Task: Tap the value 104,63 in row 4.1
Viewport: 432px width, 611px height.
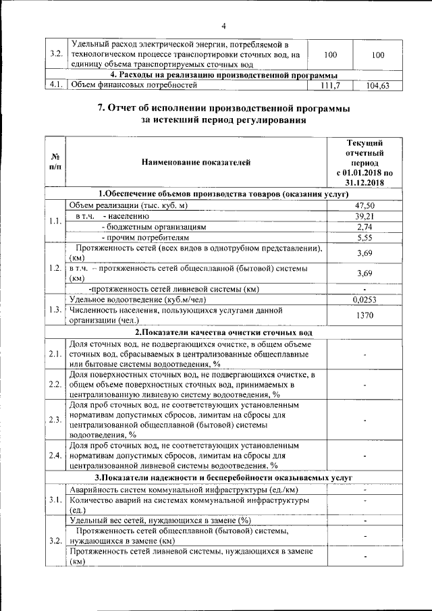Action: click(377, 86)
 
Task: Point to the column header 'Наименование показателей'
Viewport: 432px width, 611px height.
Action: click(196, 163)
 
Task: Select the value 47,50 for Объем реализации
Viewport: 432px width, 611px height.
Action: click(364, 205)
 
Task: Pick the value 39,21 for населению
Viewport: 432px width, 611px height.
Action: click(364, 216)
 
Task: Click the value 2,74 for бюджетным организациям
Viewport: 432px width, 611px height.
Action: click(364, 227)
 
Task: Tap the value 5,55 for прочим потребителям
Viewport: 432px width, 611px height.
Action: click(364, 238)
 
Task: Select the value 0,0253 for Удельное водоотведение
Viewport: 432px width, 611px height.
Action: click(364, 298)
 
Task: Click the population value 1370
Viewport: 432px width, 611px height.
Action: click(364, 315)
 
